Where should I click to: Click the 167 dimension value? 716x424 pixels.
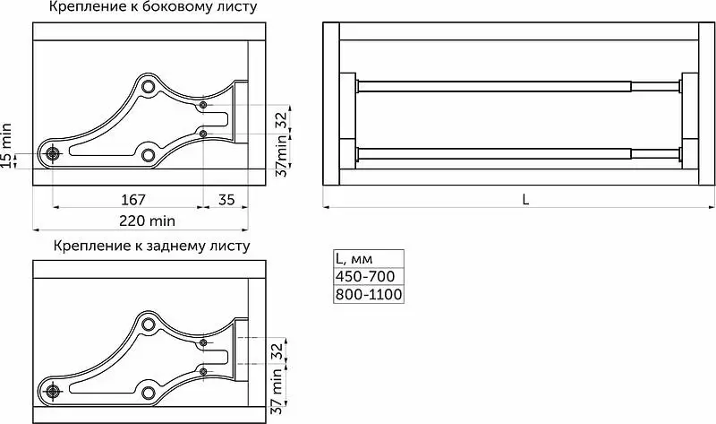pyautogui.click(x=133, y=199)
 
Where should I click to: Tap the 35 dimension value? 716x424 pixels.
pyautogui.click(x=226, y=199)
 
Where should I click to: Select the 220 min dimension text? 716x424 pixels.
pyautogui.click(x=147, y=221)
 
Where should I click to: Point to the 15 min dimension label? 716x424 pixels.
pyautogui.click(x=6, y=146)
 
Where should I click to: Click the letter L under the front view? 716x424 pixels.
pyautogui.click(x=525, y=199)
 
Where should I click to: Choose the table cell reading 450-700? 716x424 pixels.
pyautogui.click(x=365, y=276)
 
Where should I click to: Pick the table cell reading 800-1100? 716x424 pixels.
pyautogui.click(x=369, y=294)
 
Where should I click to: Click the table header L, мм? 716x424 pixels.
pyautogui.click(x=354, y=259)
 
